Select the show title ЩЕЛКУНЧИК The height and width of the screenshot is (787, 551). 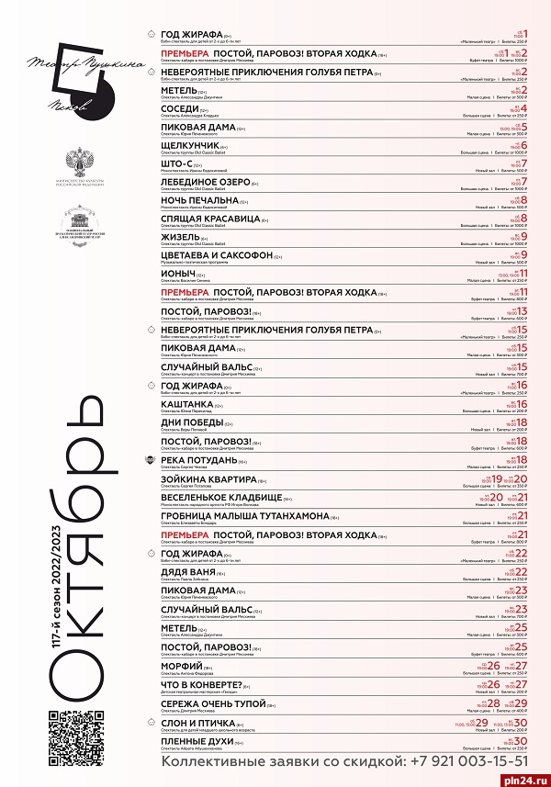(191, 145)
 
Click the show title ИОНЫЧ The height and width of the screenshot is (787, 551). (177, 274)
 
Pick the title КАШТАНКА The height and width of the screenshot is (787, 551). (187, 403)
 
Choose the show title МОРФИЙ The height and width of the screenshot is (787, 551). (182, 664)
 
